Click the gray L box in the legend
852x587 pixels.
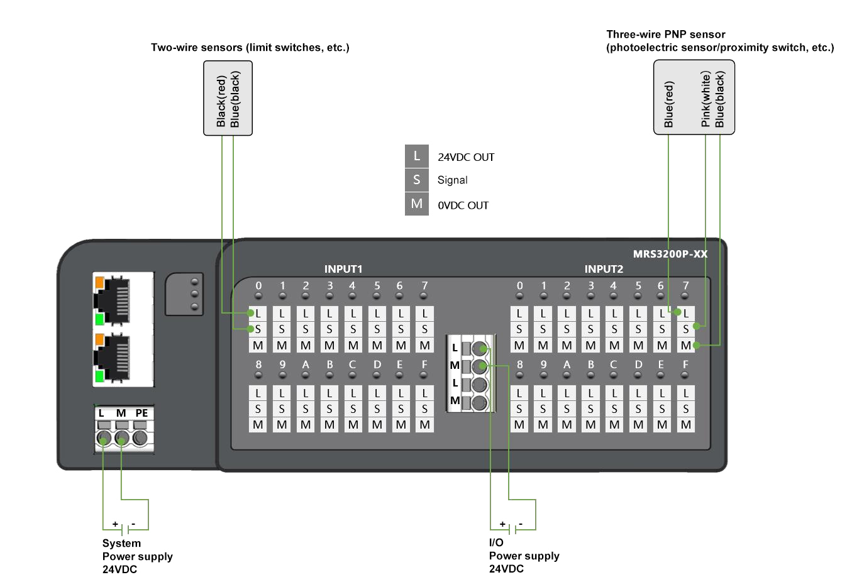click(x=416, y=156)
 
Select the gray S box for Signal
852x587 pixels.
click(x=416, y=180)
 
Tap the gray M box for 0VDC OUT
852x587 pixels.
click(x=416, y=204)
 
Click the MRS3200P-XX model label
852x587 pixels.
click(x=670, y=254)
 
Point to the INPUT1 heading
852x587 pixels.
click(x=343, y=269)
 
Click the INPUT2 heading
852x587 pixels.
click(x=604, y=269)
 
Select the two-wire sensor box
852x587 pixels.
click(x=228, y=98)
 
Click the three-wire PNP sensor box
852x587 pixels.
click(x=694, y=97)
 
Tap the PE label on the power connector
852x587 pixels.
click(x=141, y=413)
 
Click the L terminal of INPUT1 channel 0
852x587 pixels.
click(x=258, y=313)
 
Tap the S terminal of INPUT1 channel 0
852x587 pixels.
click(x=258, y=329)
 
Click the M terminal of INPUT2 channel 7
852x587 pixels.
click(x=685, y=345)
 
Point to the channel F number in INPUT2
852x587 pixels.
click(x=685, y=365)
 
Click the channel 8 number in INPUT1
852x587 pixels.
click(x=258, y=365)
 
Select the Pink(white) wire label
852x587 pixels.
click(x=705, y=99)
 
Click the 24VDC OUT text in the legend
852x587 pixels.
click(x=466, y=157)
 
